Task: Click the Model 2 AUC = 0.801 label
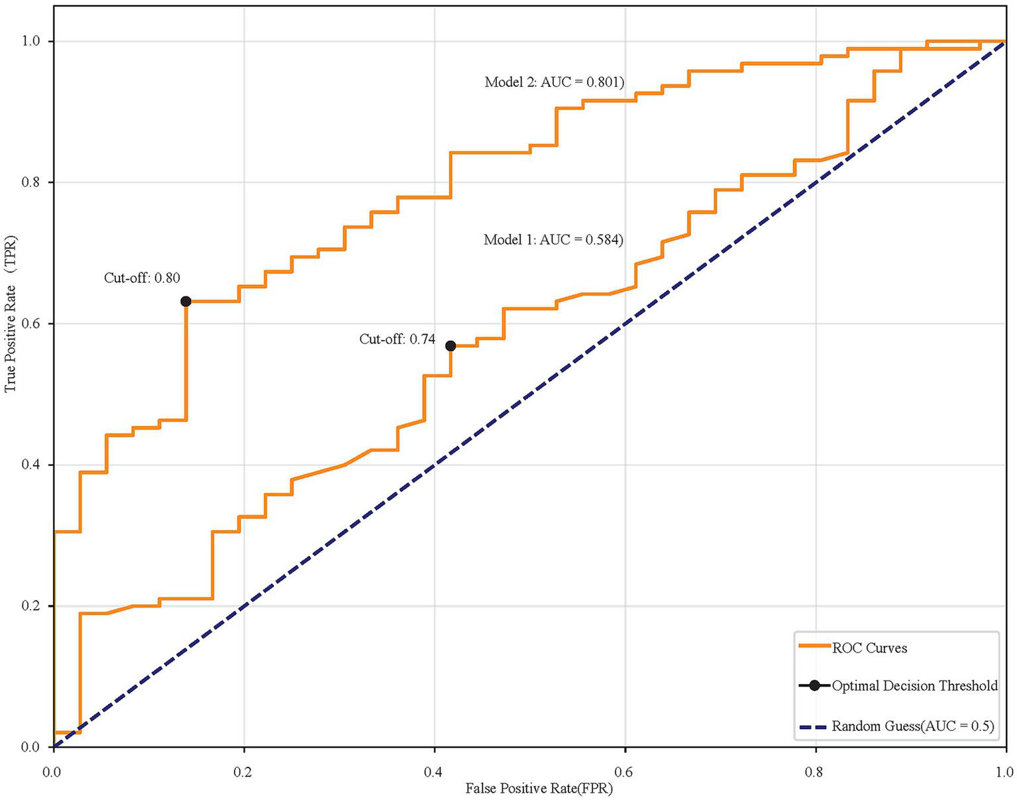pos(554,82)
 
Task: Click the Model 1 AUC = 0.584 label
pos(553,239)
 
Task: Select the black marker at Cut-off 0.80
pos(186,302)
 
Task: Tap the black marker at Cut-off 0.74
pos(451,346)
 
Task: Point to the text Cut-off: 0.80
pos(142,278)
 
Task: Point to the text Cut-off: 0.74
pos(398,339)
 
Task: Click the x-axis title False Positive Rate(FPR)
pos(539,789)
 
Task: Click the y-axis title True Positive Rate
pos(11,314)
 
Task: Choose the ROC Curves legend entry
pos(869,648)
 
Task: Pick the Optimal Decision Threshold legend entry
pos(914,686)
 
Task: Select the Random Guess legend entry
pos(913,726)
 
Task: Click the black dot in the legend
pos(815,686)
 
